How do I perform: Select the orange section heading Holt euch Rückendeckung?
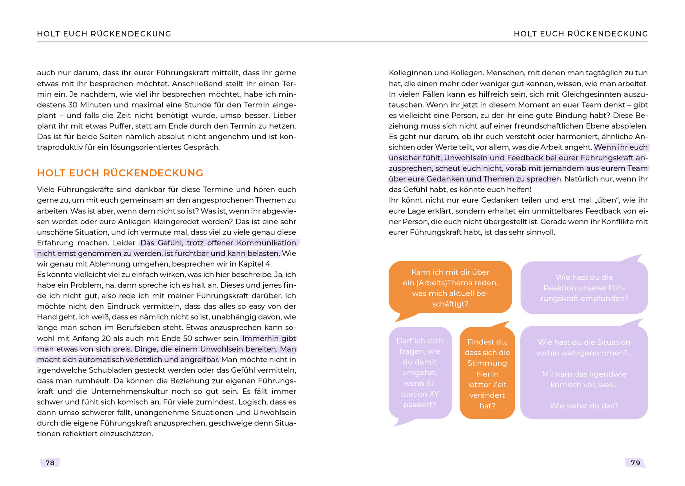[120, 173]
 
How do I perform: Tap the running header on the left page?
[104, 34]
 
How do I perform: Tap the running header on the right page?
[581, 34]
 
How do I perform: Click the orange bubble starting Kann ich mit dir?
[450, 287]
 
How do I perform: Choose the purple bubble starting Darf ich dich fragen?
[420, 372]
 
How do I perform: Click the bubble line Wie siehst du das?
[584, 406]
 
